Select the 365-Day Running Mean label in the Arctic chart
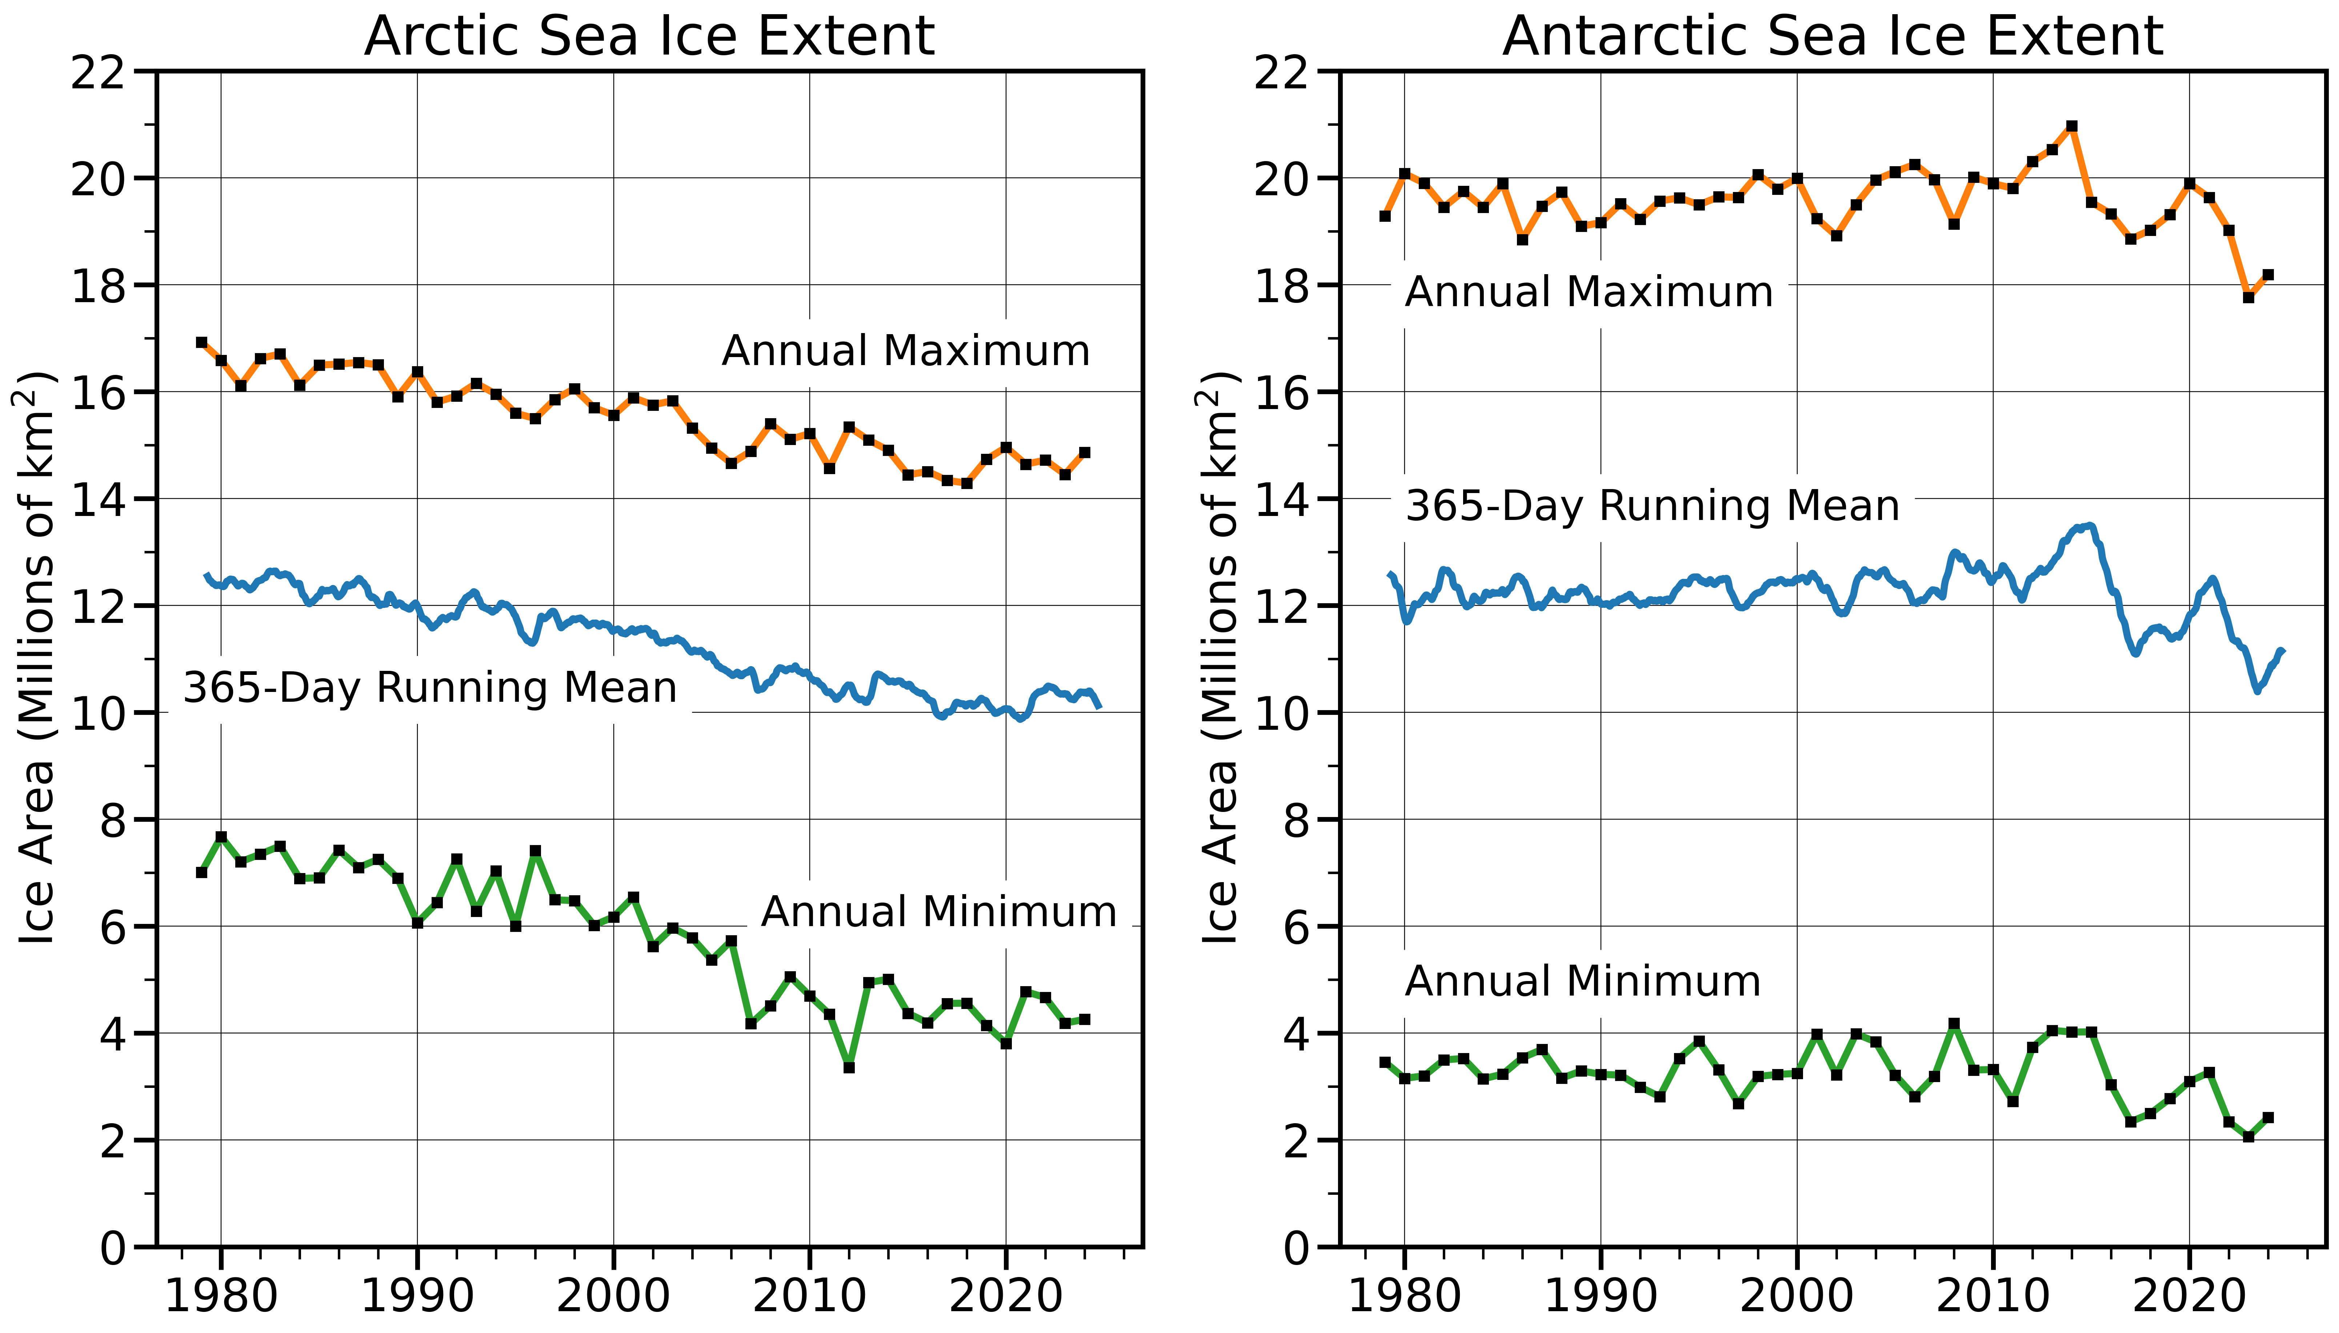(429, 688)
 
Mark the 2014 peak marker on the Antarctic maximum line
(2072, 126)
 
